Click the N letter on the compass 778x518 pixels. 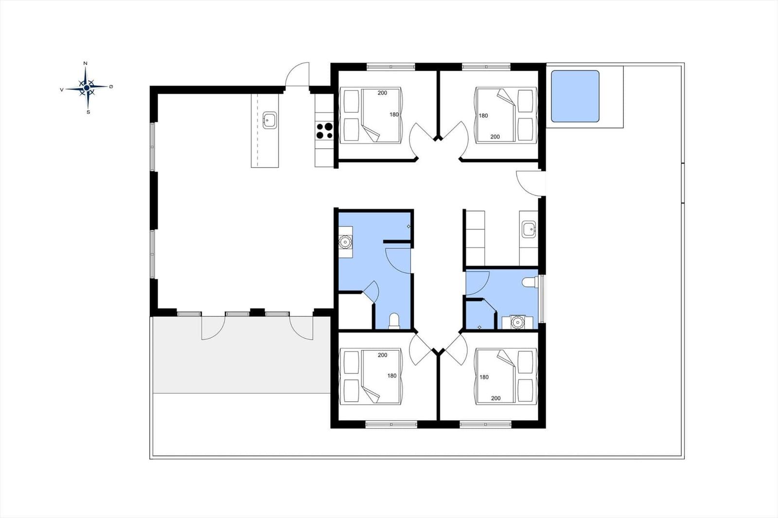pos(86,63)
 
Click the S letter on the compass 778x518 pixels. pos(88,112)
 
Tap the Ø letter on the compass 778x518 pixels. pos(111,86)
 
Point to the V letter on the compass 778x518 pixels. pos(62,89)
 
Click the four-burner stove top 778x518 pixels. pos(324,131)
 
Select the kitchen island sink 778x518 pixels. pos(269,120)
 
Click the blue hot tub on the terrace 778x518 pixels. pos(575,96)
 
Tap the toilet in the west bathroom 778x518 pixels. pos(394,320)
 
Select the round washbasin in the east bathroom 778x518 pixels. pos(517,322)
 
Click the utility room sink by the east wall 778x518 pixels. pos(529,229)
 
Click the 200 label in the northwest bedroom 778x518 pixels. pos(382,93)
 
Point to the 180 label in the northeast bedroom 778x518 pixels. pos(483,116)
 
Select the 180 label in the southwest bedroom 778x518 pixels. pos(392,376)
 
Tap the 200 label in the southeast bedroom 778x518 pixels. pos(495,398)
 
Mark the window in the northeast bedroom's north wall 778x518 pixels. pos(486,66)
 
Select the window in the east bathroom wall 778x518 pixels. pos(542,299)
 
